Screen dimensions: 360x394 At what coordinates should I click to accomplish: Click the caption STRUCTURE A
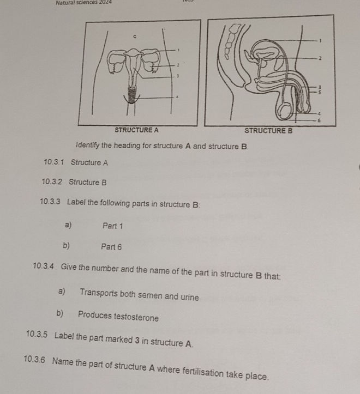pos(136,130)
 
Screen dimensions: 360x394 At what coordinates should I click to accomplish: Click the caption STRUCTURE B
pos(268,131)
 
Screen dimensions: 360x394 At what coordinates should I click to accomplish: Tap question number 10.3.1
pos(54,162)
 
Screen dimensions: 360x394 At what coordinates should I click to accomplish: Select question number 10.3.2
pos(52,181)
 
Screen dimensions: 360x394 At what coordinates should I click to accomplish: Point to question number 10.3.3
pos(50,202)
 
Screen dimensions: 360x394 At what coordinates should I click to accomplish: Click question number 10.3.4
pos(43,266)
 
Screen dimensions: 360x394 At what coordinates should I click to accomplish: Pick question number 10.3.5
pos(37,335)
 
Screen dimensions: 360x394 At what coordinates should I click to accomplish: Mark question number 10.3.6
pos(34,359)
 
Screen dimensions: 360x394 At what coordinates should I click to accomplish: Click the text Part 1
pos(113,226)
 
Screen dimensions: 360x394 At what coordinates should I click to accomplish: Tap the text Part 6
pos(111,247)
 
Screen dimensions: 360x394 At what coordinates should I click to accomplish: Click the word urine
pos(190,297)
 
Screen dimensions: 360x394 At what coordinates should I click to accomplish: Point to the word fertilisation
pos(203,372)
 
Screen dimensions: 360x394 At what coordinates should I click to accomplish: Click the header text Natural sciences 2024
pos(84,3)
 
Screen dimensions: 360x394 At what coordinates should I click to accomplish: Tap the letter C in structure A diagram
pos(135,37)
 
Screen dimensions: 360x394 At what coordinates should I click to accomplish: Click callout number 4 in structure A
pos(177,97)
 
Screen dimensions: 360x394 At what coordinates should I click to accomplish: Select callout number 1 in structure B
pos(320,40)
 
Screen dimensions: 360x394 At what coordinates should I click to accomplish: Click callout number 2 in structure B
pos(320,58)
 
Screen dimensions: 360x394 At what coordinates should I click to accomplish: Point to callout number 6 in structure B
pos(319,120)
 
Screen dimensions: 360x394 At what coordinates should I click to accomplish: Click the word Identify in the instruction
pos(88,146)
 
